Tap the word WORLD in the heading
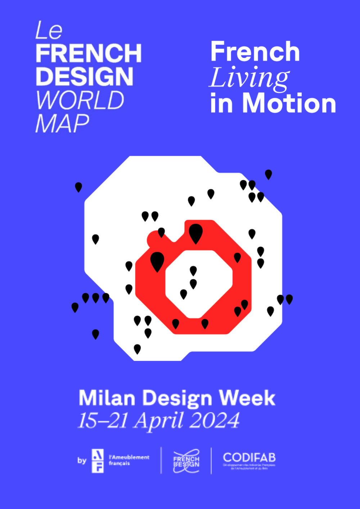coord(80,100)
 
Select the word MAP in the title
coord(62,123)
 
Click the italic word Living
coord(249,77)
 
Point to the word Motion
coord(289,103)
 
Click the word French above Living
coord(255,51)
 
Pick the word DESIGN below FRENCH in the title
coord(85,76)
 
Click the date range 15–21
coord(102,420)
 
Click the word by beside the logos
coord(82,460)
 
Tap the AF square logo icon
coord(98,461)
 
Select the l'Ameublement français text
coord(129,460)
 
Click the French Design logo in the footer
coord(186,461)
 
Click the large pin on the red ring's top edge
coord(195,233)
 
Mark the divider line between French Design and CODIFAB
coord(211,461)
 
